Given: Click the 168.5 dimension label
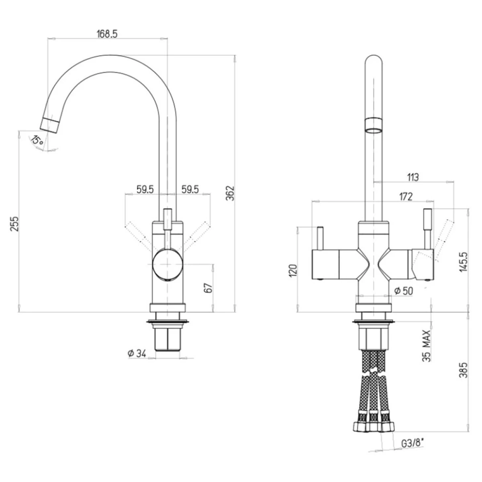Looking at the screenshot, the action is [107, 34].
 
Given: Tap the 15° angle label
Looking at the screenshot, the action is [37, 141].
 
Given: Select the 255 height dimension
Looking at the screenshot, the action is [14, 224].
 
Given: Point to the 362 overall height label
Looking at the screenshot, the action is [230, 193].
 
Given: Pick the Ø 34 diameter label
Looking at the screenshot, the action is [137, 354].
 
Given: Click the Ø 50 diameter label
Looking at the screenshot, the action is [403, 291].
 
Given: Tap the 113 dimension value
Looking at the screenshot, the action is [413, 178].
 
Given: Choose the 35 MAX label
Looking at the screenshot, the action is [427, 346].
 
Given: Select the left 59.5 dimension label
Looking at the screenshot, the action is [145, 189].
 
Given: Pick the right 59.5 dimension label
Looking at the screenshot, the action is [190, 189].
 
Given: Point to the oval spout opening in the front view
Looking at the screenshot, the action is [374, 131].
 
